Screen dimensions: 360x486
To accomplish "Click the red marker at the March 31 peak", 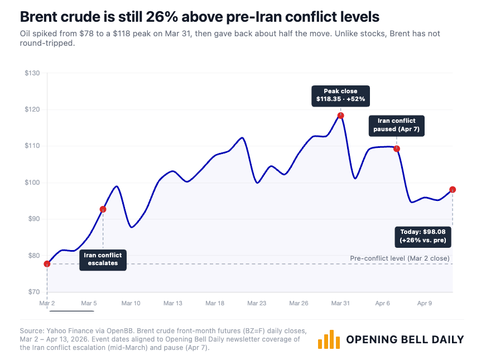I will pos(340,116).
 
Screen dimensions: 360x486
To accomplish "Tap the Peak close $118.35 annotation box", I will pos(341,95).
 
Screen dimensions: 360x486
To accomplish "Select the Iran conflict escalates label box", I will pos(103,259).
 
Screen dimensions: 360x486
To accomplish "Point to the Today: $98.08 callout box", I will pos(423,236).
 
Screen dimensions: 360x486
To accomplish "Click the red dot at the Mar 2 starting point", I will pos(47,263).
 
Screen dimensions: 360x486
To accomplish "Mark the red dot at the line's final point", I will pos(453,190).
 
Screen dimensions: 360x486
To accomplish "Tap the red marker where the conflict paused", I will pos(397,148).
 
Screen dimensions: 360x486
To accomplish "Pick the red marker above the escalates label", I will pos(103,209).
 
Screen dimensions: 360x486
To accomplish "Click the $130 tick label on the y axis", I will pos(32,73).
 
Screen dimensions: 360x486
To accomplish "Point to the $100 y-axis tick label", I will pos(32,183).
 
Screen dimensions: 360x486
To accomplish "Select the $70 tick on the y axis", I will pos(34,292).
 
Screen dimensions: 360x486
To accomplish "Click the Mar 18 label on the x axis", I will pos(215,303).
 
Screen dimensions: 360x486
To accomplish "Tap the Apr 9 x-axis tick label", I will pos(425,303).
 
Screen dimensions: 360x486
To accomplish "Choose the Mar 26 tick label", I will pos(299,303).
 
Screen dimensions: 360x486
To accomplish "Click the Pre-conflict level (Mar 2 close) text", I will pos(401,258).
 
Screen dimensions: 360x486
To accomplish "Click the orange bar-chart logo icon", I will pos(329,339).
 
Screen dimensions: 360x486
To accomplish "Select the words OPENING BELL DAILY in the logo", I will pos(405,339).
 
